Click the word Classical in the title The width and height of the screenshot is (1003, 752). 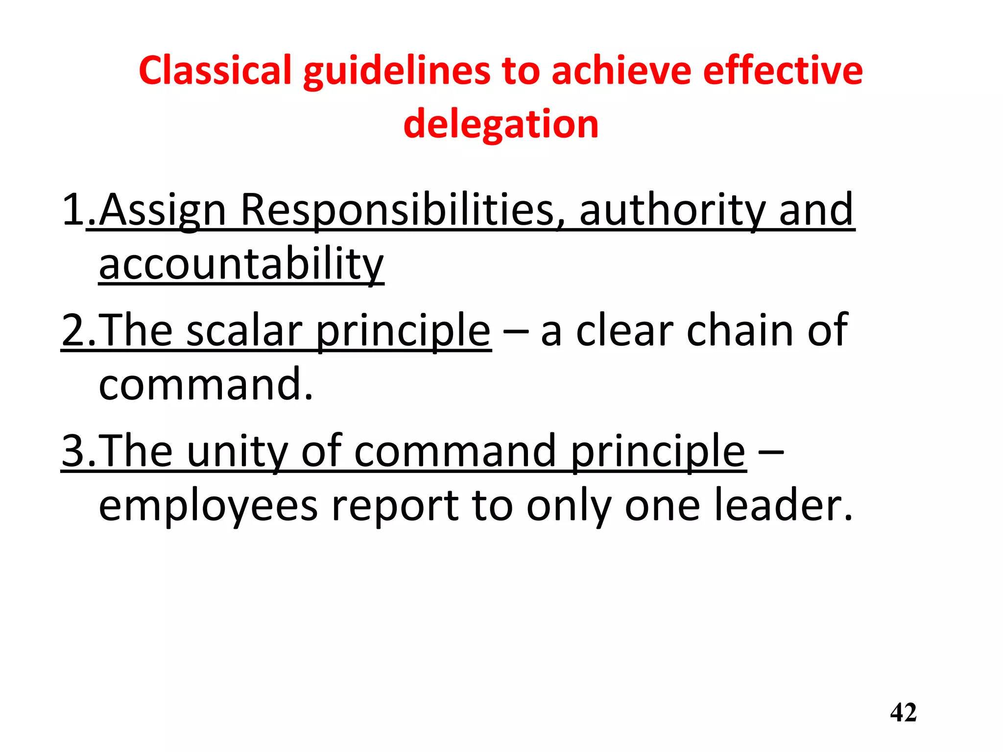pos(215,70)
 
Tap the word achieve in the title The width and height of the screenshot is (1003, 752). pos(621,70)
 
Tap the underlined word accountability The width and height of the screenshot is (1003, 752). pos(241,264)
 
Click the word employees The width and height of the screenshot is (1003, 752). pos(208,506)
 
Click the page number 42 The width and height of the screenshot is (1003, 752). pos(903,713)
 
